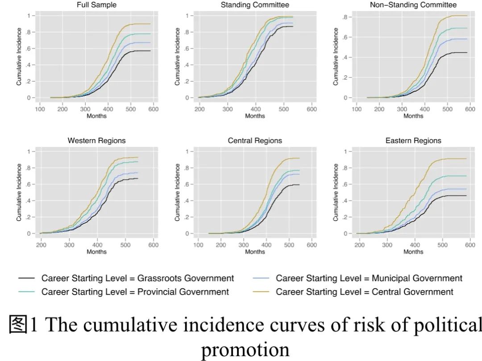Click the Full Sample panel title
96,5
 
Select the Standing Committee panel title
255,5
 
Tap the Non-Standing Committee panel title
413,5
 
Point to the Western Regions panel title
96,141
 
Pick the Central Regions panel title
255,141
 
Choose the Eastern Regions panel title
413,141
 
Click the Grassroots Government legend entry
137,279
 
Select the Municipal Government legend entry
369,279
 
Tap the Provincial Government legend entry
135,292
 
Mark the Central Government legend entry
364,292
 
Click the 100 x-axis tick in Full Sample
40,109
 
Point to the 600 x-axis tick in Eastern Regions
470,245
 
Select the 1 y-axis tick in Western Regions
29,152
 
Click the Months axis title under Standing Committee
255,116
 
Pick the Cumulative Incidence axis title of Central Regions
178,192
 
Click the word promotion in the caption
245,349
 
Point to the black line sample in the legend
26,279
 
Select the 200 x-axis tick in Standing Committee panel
199,109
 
